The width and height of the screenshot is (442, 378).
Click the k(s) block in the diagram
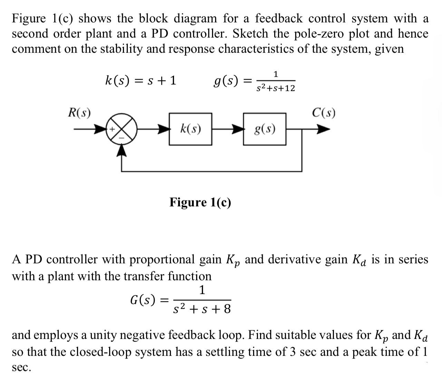pos(191,129)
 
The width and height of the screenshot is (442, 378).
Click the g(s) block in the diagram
pos(265,129)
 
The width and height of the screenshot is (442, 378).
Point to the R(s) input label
pos(79,113)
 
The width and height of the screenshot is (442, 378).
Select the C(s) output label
pos(324,113)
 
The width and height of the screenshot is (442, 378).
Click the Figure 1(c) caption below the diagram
pos(200,202)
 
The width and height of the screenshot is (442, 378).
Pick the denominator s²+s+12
pos(276,88)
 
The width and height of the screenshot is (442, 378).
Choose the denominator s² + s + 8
pos(202,309)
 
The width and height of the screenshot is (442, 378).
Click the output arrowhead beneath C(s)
pos(323,130)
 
